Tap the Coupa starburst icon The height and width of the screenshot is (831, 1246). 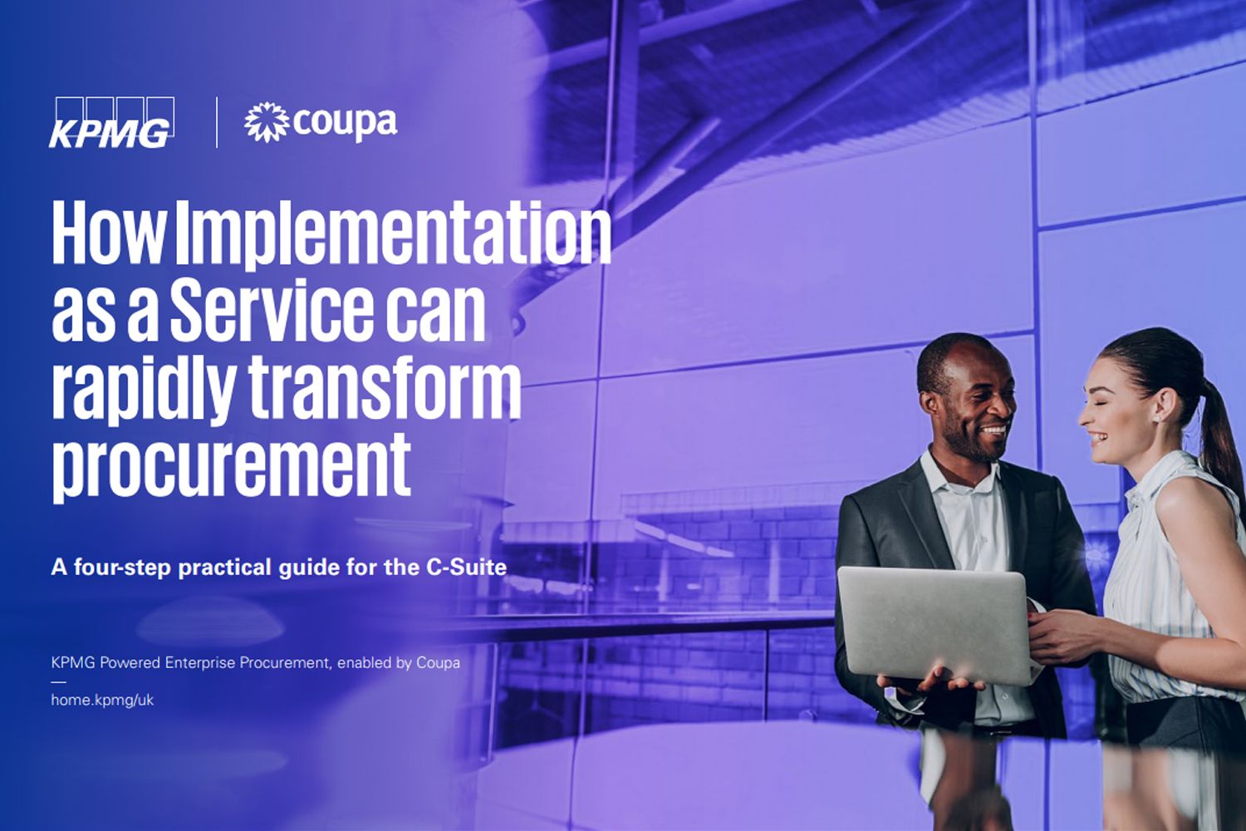point(267,122)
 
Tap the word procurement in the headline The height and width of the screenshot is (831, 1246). point(232,468)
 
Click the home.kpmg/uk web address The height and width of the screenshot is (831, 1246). point(102,700)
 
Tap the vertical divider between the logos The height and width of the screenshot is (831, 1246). point(216,122)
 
